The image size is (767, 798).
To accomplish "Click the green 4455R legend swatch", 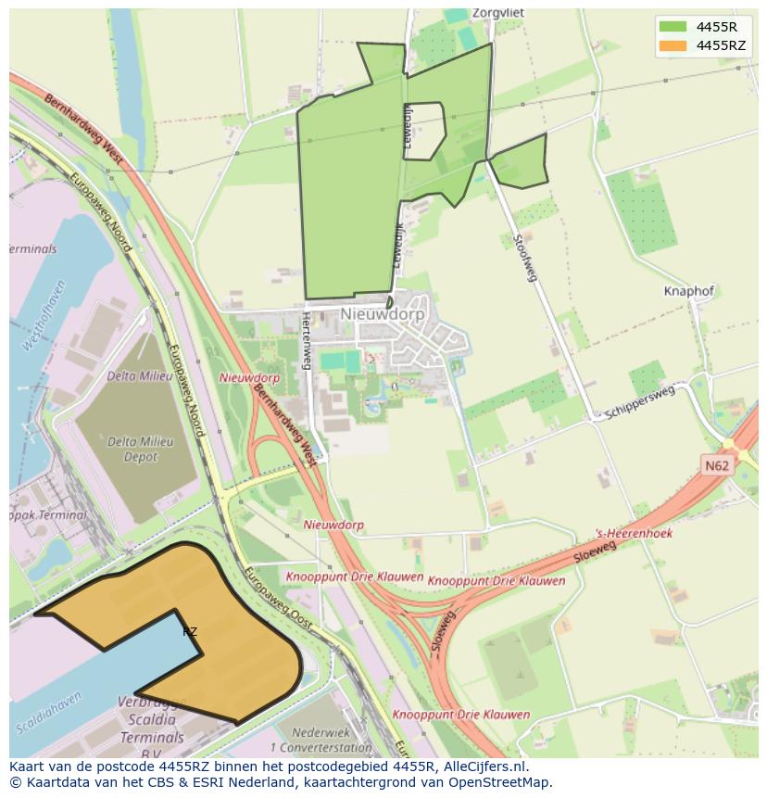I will click(673, 27).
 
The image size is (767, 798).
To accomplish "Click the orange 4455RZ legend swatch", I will click(673, 45).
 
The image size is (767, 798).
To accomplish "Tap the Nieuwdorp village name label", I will click(382, 314).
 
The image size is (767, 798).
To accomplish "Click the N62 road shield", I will click(714, 466).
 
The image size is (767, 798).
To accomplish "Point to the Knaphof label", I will click(689, 291).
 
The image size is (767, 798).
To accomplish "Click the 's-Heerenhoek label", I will click(634, 534).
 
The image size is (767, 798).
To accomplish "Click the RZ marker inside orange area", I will click(190, 632).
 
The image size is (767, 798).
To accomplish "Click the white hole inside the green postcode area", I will click(424, 130).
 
